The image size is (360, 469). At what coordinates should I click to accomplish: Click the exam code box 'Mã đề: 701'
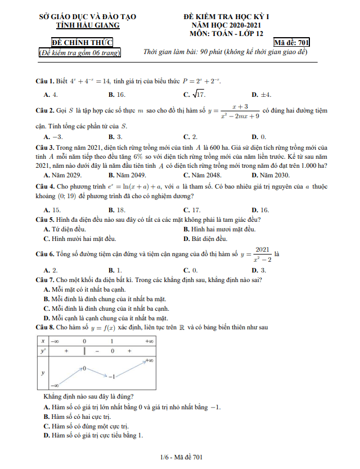291,43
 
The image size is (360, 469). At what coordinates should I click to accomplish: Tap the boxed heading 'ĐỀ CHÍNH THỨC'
82,43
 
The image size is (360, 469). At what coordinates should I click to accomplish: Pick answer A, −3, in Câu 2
53,137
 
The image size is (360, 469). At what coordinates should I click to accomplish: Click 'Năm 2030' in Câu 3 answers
267,175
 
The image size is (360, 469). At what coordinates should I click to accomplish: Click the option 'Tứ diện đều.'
65,229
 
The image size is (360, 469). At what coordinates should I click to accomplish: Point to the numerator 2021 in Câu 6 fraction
262,249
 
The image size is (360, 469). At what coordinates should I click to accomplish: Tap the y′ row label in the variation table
43,350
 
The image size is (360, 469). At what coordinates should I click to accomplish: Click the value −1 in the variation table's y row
112,376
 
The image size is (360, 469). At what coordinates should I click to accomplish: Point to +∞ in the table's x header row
149,341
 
